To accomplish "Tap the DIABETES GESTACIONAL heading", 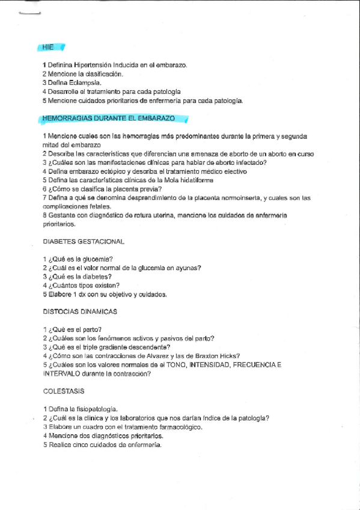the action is (x=84, y=241).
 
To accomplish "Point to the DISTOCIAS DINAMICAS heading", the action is (x=80, y=312).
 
